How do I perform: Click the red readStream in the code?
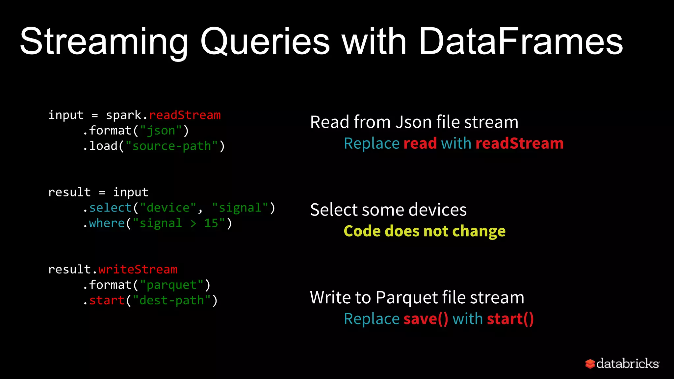click(185, 115)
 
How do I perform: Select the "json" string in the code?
click(161, 131)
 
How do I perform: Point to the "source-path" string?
click(171, 146)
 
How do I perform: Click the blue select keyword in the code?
click(111, 208)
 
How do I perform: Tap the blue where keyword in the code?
click(107, 223)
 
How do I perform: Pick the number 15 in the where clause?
click(211, 223)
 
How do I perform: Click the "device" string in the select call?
click(168, 208)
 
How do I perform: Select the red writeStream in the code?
click(138, 269)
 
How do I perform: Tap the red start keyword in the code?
click(107, 300)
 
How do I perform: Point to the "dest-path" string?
click(171, 300)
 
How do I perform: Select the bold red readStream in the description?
click(519, 143)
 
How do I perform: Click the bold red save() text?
click(426, 319)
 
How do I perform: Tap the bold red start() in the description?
click(510, 319)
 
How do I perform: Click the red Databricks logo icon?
click(590, 364)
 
